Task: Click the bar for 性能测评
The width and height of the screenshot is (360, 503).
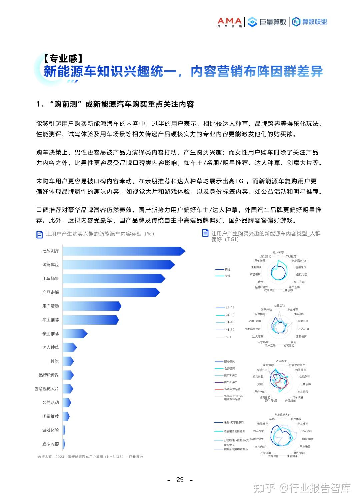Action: coord(123,251)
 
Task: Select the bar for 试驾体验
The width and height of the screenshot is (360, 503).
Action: coord(118,265)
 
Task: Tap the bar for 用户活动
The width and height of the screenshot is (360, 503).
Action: coord(92,306)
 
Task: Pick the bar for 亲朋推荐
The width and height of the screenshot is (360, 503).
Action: coord(75,334)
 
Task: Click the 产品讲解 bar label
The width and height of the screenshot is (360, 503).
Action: coord(50,292)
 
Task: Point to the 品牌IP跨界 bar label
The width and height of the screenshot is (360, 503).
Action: coord(49,375)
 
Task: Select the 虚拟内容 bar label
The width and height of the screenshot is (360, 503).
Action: coord(50,444)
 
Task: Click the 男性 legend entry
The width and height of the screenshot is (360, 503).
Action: coord(227,270)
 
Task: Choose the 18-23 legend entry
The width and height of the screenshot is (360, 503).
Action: coord(230,308)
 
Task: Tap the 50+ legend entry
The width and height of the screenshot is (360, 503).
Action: coord(228,337)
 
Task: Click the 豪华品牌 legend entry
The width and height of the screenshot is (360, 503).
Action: coord(229,362)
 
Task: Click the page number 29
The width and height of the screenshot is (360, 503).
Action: coord(180,480)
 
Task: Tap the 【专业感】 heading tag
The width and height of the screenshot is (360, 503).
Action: coord(63,59)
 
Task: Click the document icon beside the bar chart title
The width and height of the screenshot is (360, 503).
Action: coord(39,235)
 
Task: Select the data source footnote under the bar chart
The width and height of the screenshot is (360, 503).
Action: coord(90,457)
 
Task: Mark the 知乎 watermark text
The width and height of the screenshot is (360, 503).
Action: coord(264,488)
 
